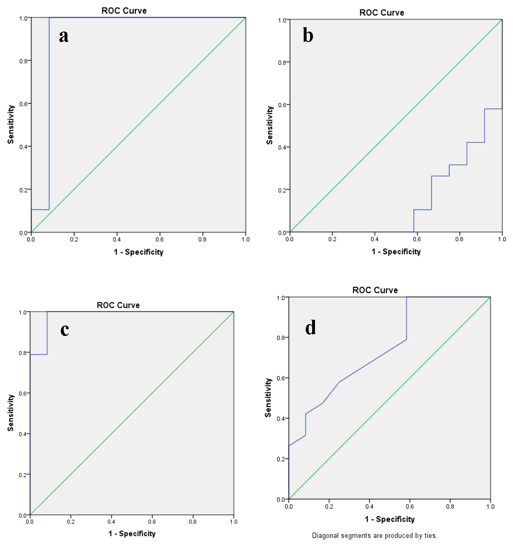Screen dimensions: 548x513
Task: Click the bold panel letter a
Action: coord(64,36)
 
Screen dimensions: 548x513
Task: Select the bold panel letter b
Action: coord(308,35)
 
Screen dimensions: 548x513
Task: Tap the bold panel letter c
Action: coord(65,330)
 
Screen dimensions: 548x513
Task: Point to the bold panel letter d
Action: coord(310,328)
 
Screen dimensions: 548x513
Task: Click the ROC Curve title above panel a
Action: coord(124,11)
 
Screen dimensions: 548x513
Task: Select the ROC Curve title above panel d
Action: coord(375,290)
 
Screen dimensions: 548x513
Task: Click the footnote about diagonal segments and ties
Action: coord(374,536)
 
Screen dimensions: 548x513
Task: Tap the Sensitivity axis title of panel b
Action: coord(270,125)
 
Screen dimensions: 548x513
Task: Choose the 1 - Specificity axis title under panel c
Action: coord(132,534)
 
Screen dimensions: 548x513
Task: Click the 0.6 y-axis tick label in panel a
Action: coord(23,104)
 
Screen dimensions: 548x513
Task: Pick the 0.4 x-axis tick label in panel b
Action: coord(375,239)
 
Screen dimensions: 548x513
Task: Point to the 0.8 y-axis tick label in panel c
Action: coord(23,353)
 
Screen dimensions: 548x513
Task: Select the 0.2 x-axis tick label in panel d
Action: coord(329,507)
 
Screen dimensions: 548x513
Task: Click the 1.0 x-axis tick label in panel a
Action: coord(245,240)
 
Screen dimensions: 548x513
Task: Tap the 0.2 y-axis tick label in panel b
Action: coord(282,190)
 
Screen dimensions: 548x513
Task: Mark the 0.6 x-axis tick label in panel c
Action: coord(152,522)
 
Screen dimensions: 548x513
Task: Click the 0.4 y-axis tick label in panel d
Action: coord(281,419)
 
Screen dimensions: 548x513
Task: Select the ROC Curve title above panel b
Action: coord(382,13)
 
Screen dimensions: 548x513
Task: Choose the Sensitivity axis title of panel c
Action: coord(11,413)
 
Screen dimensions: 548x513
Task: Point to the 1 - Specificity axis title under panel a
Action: coord(138,252)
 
